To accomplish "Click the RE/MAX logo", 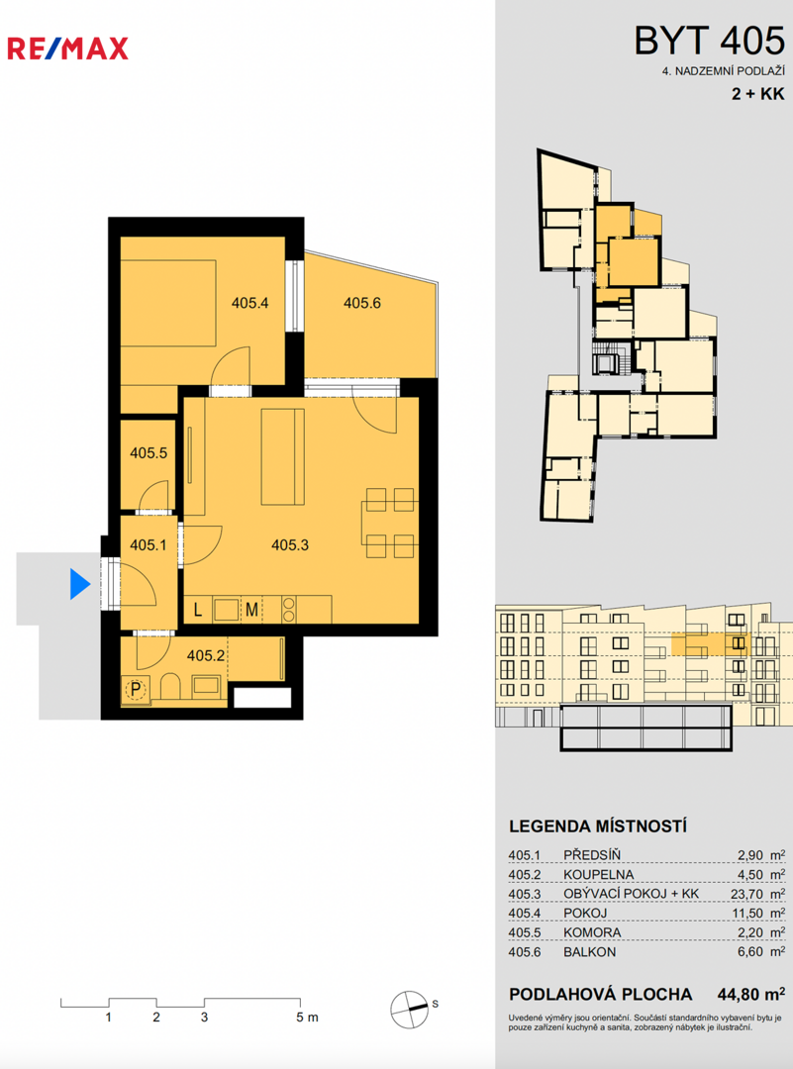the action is click(67, 49).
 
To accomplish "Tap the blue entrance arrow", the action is click(80, 584).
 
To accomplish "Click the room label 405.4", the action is click(249, 303).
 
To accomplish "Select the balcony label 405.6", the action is click(362, 303).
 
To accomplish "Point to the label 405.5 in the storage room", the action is click(149, 452).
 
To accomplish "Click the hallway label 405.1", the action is click(148, 545).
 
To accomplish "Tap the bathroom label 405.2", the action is click(206, 656).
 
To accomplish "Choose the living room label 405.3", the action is click(290, 544).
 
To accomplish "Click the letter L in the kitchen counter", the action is click(198, 610).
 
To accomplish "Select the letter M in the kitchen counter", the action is click(251, 610).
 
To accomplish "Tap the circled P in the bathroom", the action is click(136, 690).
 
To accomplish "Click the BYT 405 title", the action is click(709, 41).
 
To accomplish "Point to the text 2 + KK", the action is click(758, 94).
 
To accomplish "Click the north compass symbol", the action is click(409, 1009).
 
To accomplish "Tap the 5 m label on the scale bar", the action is click(307, 1018).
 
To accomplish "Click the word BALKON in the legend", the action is click(589, 952).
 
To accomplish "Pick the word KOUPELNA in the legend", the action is click(598, 875).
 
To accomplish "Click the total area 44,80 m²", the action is click(750, 994).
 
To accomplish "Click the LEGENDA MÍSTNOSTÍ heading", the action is click(597, 826).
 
